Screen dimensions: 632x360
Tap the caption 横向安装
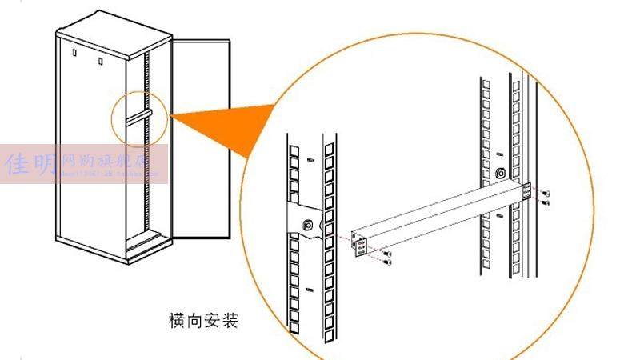click(204, 322)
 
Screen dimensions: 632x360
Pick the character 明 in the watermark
click(46, 165)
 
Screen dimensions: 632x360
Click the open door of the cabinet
click(200, 136)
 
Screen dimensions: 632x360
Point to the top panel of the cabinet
click(112, 35)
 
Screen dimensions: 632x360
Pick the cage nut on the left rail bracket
click(308, 226)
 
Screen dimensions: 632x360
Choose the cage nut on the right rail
click(501, 173)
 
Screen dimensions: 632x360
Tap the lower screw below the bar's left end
click(388, 262)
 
